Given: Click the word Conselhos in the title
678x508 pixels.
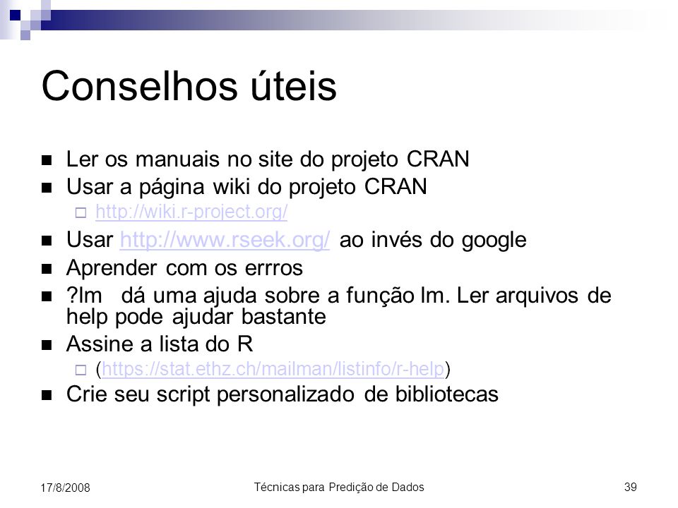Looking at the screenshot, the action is coord(140,86).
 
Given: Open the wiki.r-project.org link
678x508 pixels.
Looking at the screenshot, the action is coord(191,212).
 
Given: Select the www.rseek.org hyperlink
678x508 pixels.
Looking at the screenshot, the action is coord(225,240).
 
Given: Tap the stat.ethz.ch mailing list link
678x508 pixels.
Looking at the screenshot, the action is coord(273,369).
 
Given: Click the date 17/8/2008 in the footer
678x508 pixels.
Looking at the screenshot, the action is coord(65,488).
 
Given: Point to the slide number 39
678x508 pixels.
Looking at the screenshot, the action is coord(631,487).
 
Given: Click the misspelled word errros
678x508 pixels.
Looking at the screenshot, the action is coord(274,268).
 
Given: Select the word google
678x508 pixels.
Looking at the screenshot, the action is coord(494,241).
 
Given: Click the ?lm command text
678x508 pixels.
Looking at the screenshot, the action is coord(84,296).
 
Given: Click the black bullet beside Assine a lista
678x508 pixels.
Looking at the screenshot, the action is coord(47,345).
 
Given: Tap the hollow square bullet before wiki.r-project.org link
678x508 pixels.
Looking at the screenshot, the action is coord(81,212).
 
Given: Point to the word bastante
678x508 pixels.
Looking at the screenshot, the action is coord(284,317).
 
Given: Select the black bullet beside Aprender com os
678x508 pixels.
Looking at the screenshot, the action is coord(47,269).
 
